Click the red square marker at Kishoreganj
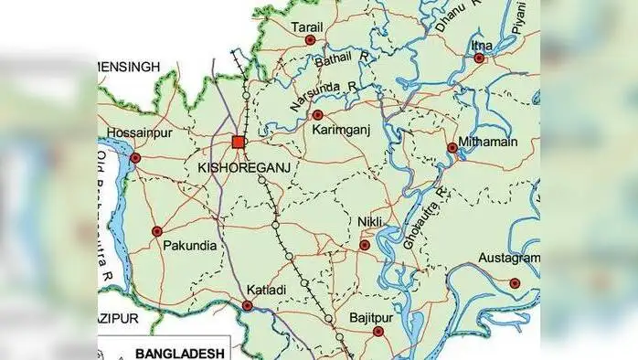click(239, 142)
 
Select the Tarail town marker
click(310, 40)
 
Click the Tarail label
click(307, 27)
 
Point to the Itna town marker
click(479, 58)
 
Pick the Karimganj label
click(340, 132)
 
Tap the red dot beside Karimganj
click(318, 115)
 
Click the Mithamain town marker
click(452, 147)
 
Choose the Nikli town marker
click(365, 244)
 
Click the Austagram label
click(511, 259)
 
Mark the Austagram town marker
click(515, 283)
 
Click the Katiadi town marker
click(248, 305)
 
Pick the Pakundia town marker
click(156, 231)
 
